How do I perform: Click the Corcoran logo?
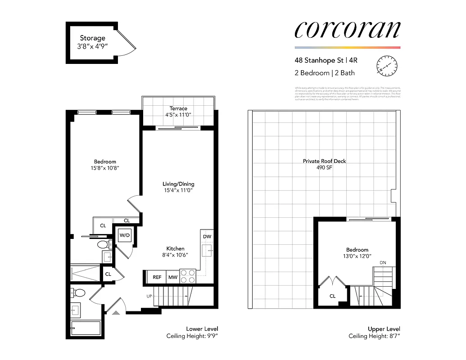(x=347, y=29)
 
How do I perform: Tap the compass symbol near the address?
(x=387, y=66)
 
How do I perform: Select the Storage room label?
(x=93, y=38)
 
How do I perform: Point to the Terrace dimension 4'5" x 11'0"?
(x=178, y=115)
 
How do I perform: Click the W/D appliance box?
(x=124, y=235)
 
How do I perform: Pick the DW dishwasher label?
(x=207, y=236)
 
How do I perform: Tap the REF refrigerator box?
(x=157, y=277)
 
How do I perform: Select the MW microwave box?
(x=173, y=277)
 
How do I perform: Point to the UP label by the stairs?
(x=149, y=296)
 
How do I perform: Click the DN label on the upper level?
(x=383, y=263)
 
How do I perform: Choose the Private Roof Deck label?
(x=324, y=161)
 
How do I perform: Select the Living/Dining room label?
(x=178, y=184)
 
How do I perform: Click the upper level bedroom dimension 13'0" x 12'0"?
(x=357, y=256)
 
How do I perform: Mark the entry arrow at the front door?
(x=116, y=311)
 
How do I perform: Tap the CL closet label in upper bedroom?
(x=333, y=296)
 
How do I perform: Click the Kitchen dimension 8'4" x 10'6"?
(x=175, y=255)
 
